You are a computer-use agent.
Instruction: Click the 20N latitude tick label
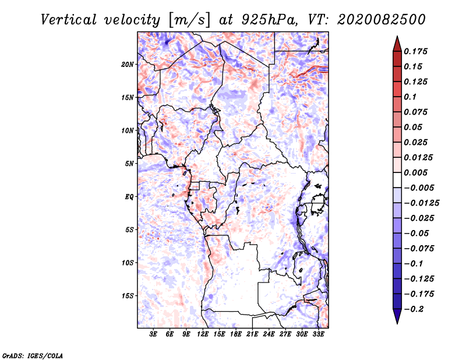(128, 65)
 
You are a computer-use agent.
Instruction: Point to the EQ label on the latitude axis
(129, 197)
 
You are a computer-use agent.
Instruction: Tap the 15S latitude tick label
(128, 296)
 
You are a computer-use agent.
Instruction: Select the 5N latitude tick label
(129, 164)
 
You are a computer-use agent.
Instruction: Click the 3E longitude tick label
(153, 334)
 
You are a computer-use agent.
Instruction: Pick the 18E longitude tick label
(236, 334)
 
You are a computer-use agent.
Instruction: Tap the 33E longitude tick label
(318, 334)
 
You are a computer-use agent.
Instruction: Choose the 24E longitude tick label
(269, 334)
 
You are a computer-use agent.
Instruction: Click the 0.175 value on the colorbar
(416, 51)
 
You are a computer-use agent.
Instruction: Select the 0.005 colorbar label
(416, 172)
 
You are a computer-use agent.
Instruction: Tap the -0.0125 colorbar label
(421, 203)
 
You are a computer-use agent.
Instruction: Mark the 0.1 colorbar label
(411, 97)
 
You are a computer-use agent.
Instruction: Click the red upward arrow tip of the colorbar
(397, 37)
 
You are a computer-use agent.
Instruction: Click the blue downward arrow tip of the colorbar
(397, 323)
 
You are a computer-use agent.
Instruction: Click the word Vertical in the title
(69, 20)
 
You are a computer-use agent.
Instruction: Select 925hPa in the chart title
(269, 20)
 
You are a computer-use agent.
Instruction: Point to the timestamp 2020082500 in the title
(382, 20)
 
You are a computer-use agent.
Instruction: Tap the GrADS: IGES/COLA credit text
(33, 355)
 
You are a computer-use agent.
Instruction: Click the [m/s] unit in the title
(189, 20)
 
